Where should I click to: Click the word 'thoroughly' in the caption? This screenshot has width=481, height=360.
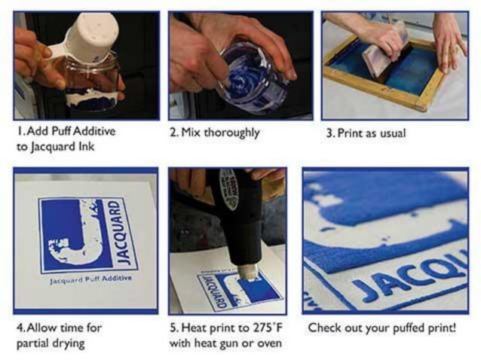click(x=231, y=133)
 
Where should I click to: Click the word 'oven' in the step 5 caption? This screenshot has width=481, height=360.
click(x=268, y=343)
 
